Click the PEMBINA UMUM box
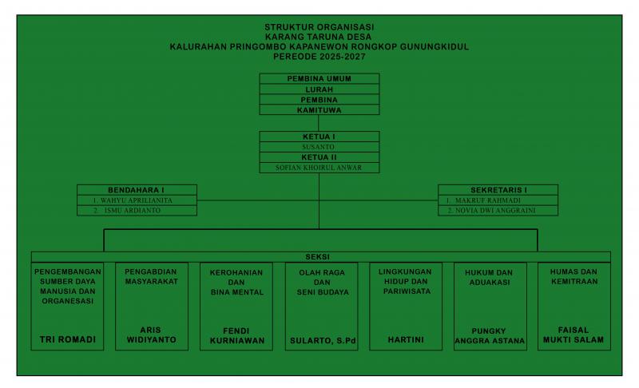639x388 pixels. (x=319, y=78)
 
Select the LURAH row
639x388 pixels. (x=319, y=89)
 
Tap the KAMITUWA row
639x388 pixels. (x=319, y=110)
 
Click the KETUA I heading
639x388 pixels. (x=319, y=137)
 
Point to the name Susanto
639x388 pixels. (x=319, y=148)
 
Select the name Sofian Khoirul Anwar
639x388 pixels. (x=319, y=168)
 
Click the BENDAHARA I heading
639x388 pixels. (x=137, y=189)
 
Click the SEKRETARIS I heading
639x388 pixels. (x=498, y=189)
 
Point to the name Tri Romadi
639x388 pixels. (x=68, y=339)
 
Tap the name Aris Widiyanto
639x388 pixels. (x=152, y=335)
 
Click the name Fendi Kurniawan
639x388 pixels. (x=236, y=335)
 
